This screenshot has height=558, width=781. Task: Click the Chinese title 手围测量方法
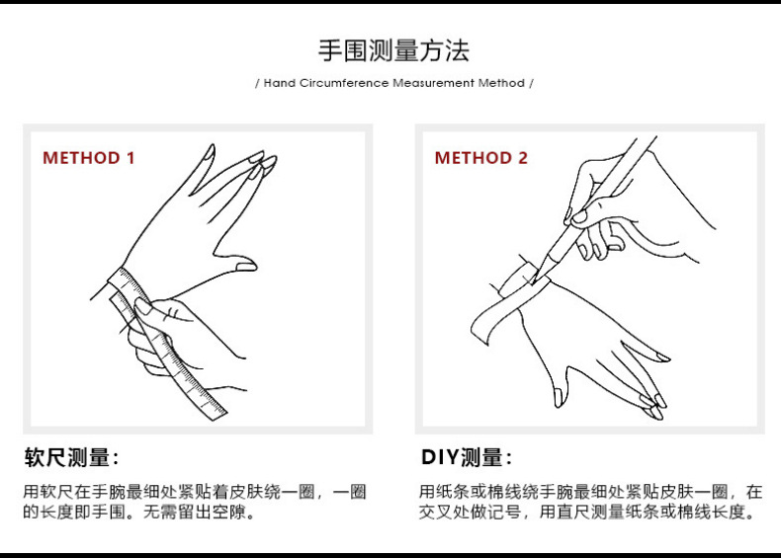tap(393, 50)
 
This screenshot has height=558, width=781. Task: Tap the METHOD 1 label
tap(89, 158)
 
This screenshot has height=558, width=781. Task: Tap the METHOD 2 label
tap(481, 158)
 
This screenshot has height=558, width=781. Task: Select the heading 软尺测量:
tap(72, 457)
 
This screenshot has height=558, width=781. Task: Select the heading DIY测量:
tap(467, 457)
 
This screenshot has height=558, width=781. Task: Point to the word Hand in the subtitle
tap(280, 83)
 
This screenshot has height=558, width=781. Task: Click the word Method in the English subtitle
tap(501, 83)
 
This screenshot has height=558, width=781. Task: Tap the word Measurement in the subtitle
tap(434, 83)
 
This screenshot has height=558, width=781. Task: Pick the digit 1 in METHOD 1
tap(130, 158)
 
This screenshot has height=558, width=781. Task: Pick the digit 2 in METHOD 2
tap(523, 158)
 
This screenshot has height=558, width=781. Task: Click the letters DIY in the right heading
tap(436, 457)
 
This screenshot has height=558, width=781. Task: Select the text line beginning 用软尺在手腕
tap(195, 491)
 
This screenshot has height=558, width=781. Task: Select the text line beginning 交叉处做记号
tap(589, 513)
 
